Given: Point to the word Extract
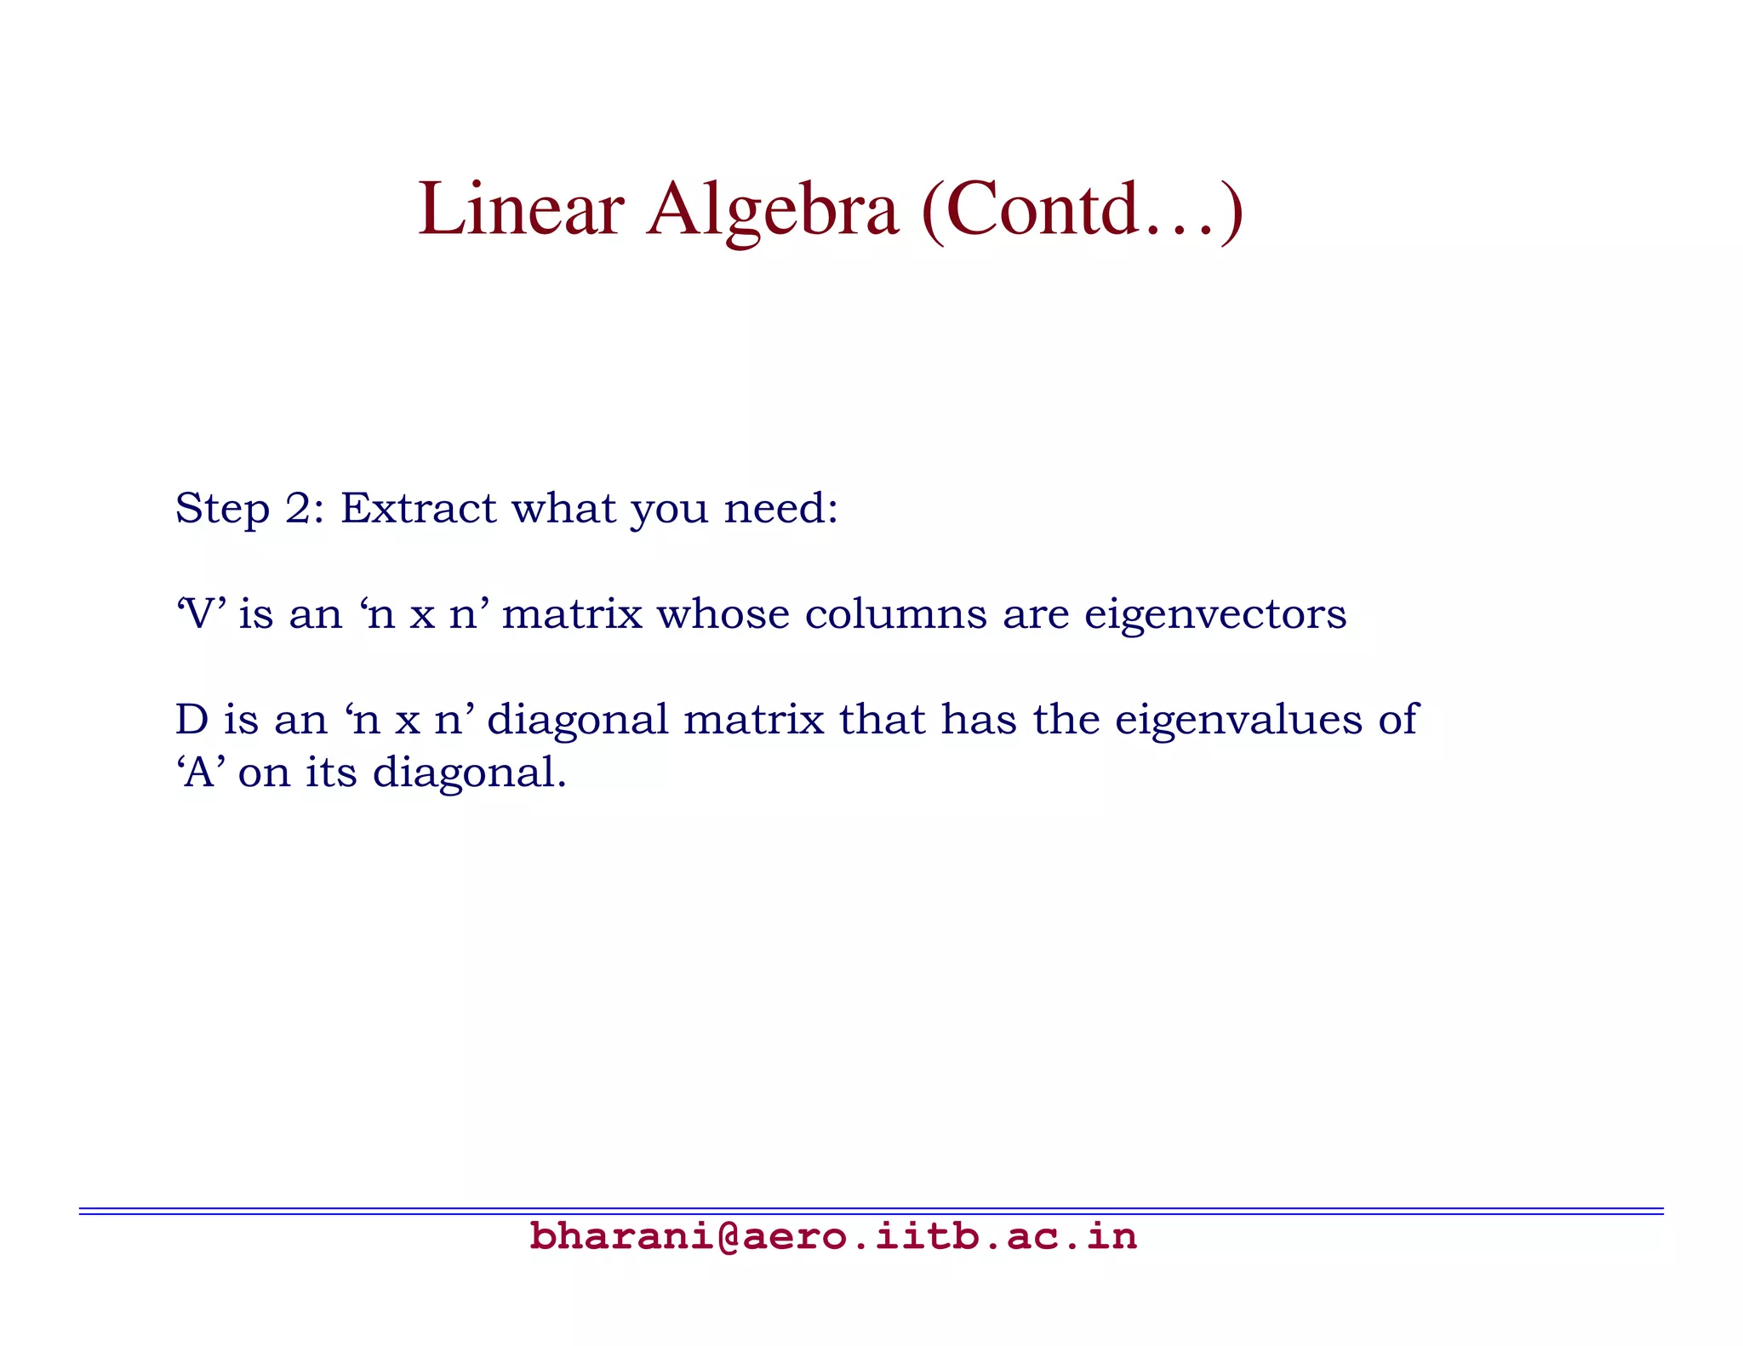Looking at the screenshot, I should [x=418, y=509].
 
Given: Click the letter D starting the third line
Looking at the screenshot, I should [x=191, y=720].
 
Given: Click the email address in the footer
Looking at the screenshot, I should [x=832, y=1236].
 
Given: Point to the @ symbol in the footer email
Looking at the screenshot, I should [x=728, y=1236].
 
